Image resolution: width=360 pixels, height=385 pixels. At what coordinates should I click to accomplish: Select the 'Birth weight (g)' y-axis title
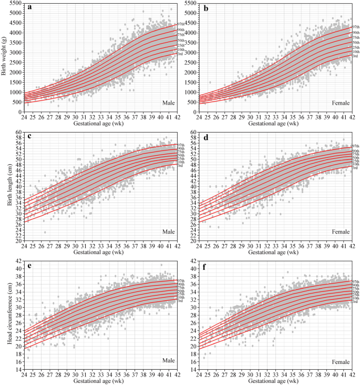[5, 55]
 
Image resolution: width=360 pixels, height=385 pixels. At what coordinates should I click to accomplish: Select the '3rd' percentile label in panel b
[355, 56]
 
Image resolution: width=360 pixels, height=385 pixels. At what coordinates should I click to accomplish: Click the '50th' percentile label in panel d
[356, 157]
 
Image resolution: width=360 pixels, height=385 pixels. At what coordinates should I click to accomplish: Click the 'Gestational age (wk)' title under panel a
[100, 123]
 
